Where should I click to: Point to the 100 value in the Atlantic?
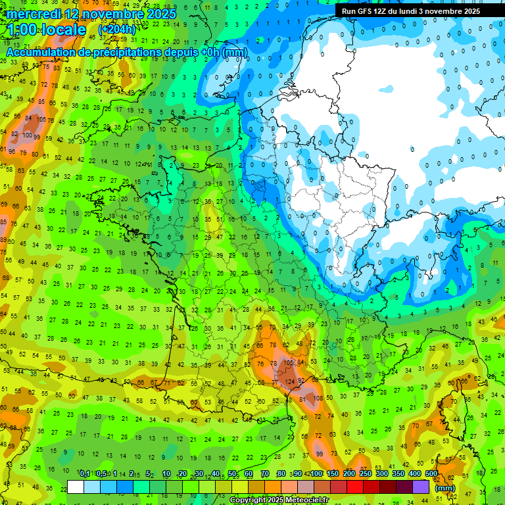coord(28,135)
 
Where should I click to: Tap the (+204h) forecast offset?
coord(116,30)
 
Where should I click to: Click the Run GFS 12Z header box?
coord(420,11)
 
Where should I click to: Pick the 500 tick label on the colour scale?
coord(431,474)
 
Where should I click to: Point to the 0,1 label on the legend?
coord(84,474)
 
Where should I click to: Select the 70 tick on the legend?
coord(264,474)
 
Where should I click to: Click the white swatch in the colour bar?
coord(76,487)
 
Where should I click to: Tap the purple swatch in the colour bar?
coord(421,487)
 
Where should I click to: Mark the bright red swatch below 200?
coord(355,487)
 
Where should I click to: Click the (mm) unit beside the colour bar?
coord(445,487)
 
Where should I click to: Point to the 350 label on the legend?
coord(398,474)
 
